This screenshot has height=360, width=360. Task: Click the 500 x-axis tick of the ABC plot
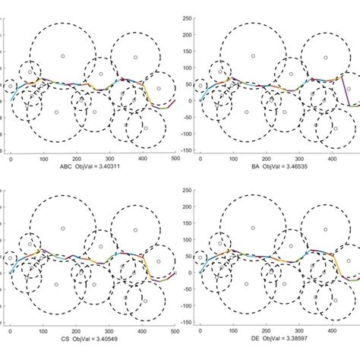click(175, 160)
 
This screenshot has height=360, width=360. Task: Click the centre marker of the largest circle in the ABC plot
click(56, 112)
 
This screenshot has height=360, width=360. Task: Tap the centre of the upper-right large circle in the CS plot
click(135, 229)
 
